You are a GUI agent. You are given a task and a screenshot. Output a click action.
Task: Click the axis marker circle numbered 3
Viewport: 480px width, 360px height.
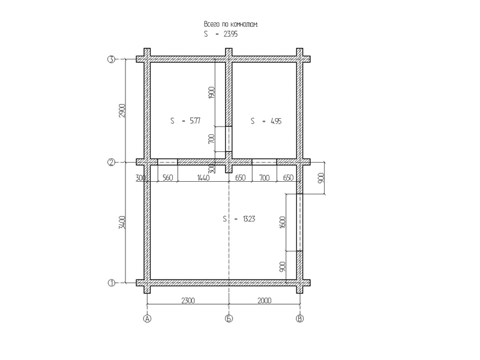pos(111,59)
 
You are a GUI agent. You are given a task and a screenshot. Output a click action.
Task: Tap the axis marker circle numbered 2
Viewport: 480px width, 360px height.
pos(111,162)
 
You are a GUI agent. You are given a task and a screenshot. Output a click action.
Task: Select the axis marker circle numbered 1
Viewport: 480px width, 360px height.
pos(111,283)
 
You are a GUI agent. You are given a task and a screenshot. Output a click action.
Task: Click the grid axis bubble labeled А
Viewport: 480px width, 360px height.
pos(147,319)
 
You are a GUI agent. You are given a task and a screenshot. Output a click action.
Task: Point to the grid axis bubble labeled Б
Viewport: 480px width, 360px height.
pos(229,319)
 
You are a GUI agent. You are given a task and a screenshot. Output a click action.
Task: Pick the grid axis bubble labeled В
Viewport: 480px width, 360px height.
pos(299,319)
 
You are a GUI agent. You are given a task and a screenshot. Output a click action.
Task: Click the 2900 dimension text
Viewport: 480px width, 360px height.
pos(122,111)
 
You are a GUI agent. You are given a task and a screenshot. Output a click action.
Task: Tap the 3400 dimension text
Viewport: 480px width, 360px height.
pos(122,222)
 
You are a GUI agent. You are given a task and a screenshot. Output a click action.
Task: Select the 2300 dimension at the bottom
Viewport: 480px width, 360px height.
pos(188,301)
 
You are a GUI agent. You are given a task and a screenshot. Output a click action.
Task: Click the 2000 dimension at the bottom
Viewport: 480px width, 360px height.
pos(264,301)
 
